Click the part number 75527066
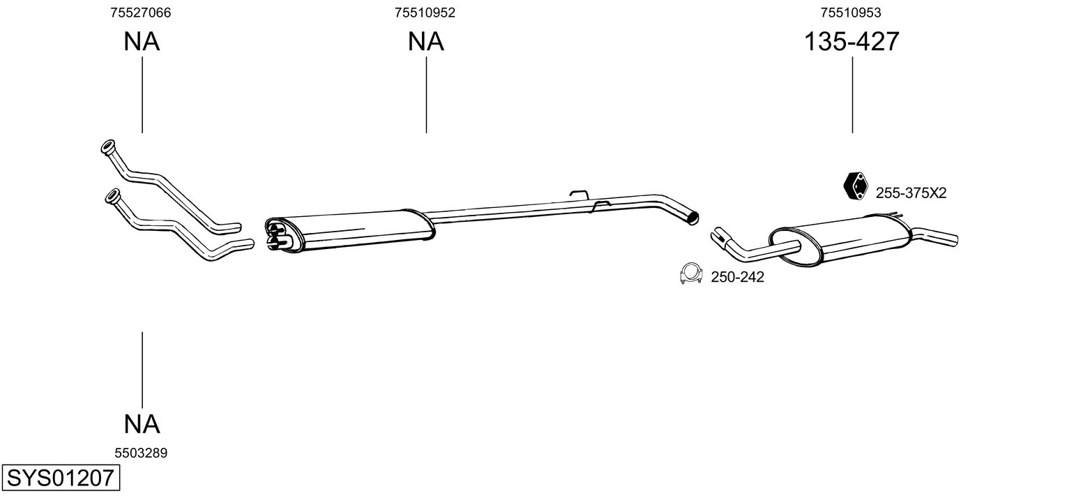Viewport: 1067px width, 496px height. coord(141,13)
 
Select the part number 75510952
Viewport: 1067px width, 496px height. coord(425,13)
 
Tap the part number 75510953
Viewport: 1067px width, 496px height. coord(851,13)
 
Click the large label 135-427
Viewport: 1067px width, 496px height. coord(852,42)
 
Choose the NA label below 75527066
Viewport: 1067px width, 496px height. coord(142,42)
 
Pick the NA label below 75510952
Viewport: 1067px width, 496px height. coord(425,42)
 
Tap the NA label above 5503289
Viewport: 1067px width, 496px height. coord(142,423)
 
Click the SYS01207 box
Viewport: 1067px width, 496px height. coord(60,479)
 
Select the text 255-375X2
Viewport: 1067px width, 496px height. coord(911,193)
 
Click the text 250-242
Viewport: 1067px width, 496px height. coord(737,278)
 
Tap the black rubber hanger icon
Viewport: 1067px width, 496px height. coord(855,185)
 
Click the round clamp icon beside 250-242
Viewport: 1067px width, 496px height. coord(691,274)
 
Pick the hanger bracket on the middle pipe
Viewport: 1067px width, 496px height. coord(578,195)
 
